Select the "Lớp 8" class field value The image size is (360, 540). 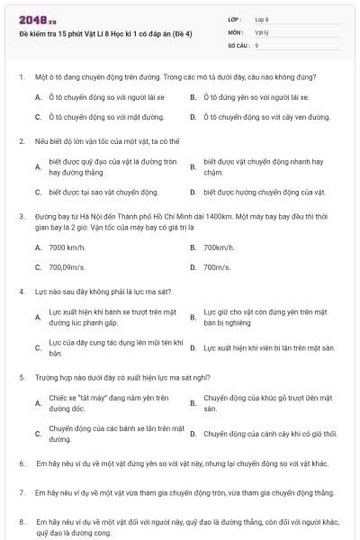click(x=262, y=19)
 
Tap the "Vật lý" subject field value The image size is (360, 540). click(x=262, y=31)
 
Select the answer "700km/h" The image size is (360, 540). click(x=219, y=247)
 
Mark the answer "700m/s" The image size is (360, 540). click(x=217, y=267)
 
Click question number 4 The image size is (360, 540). click(x=21, y=292)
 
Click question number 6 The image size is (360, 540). click(x=21, y=463)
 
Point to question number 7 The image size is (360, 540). click(x=21, y=493)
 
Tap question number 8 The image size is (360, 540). click(x=21, y=521)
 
